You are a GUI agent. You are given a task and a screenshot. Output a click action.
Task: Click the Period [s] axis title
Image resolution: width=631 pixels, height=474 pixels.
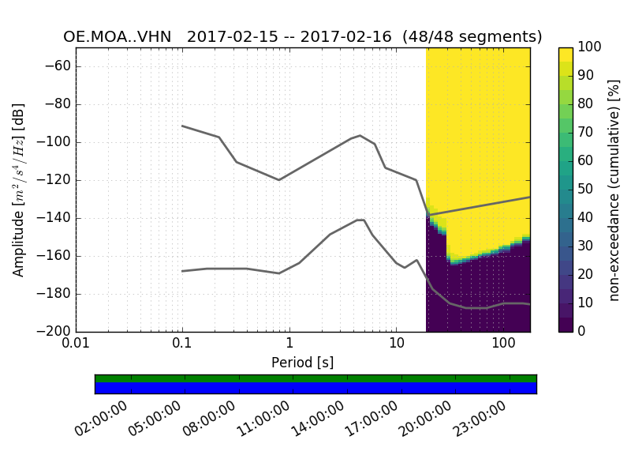pyautogui.click(x=303, y=363)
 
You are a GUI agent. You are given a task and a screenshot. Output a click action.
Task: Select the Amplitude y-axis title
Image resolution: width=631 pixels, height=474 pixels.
pyautogui.click(x=19, y=190)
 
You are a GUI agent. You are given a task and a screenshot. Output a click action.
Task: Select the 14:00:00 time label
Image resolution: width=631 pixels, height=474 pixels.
pyautogui.click(x=316, y=420)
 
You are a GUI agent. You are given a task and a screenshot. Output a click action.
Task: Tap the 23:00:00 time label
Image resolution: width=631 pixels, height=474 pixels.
pyautogui.click(x=479, y=420)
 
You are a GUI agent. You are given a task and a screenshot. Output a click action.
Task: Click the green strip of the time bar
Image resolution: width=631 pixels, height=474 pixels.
pyautogui.click(x=315, y=378)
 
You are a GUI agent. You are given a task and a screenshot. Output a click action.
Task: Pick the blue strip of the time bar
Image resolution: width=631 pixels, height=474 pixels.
pyautogui.click(x=315, y=388)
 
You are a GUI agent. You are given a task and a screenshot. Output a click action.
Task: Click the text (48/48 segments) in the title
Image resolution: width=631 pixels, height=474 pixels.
pyautogui.click(x=472, y=37)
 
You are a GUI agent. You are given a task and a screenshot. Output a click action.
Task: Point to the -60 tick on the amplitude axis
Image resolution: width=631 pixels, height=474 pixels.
pyautogui.click(x=55, y=66)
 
